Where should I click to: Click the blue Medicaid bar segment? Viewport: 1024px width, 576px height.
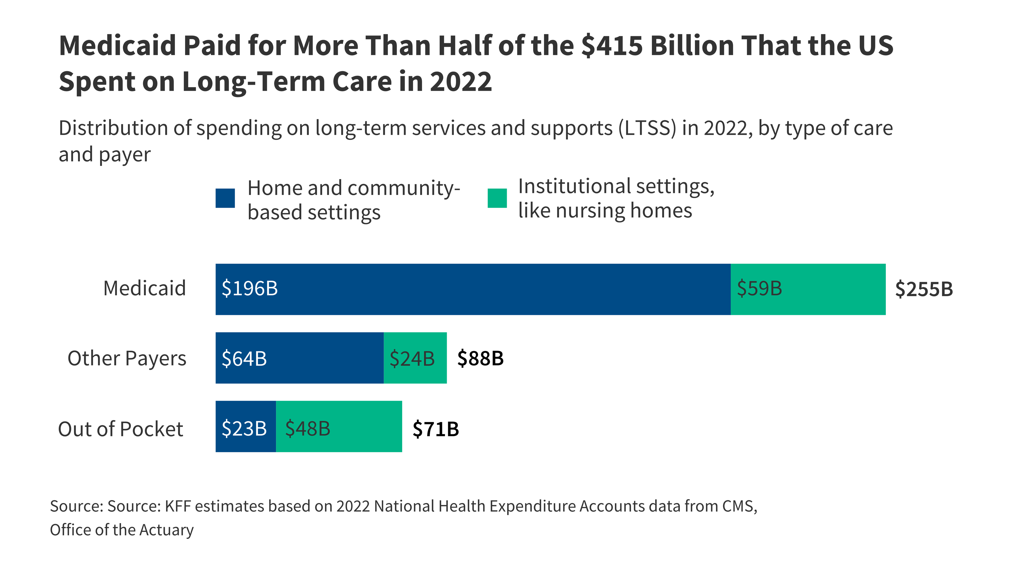473,289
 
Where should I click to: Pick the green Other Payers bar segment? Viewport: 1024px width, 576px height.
415,358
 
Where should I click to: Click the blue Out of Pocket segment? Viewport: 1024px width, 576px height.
246,426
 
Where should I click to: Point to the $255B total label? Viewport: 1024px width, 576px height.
923,289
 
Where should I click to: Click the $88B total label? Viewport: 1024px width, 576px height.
480,358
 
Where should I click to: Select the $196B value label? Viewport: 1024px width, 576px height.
250,289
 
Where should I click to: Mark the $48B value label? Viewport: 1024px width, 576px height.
308,429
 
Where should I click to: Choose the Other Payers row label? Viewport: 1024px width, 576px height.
127,358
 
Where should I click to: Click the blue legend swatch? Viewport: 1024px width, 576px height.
225,198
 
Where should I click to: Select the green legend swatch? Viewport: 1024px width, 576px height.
497,198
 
